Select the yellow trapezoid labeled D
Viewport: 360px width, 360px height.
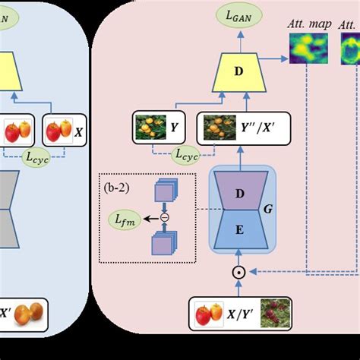239,73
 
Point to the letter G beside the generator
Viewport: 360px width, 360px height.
266,207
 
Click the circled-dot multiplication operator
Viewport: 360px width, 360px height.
239,270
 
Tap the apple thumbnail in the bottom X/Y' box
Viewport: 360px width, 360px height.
204,314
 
